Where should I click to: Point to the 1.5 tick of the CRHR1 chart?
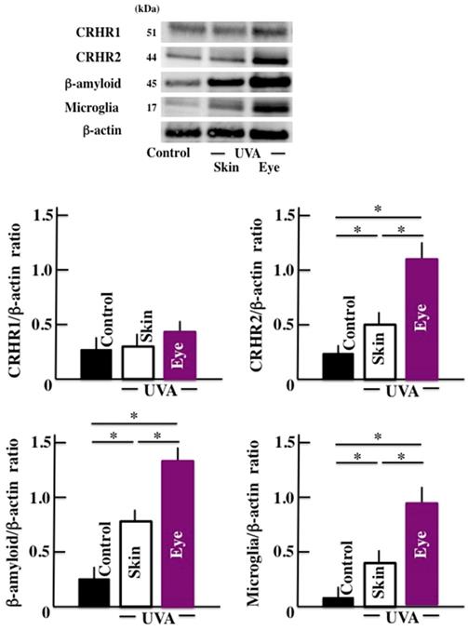(41, 216)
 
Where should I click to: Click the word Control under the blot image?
(170, 151)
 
